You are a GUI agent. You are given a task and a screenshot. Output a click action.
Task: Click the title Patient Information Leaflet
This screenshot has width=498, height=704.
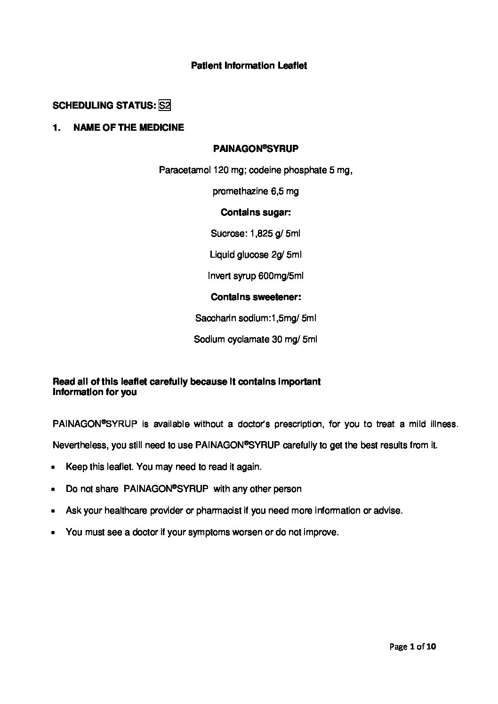pos(249,66)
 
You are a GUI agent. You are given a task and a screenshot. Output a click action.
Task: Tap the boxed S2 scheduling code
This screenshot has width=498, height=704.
pos(164,105)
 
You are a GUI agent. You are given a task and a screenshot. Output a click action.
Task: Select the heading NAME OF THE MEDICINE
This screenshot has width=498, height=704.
pos(129,127)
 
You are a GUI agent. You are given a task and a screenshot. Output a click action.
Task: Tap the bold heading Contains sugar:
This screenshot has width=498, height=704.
pos(256,213)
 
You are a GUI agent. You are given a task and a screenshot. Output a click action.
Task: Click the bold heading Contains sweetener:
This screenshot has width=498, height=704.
pos(256,297)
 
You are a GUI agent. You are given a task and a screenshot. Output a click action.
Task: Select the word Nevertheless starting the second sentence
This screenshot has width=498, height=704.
pos(77,445)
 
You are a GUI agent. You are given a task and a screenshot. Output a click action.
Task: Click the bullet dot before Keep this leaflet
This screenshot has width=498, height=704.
pos(55,468)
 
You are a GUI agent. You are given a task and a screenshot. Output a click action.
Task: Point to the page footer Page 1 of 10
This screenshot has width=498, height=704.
pos(413,647)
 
